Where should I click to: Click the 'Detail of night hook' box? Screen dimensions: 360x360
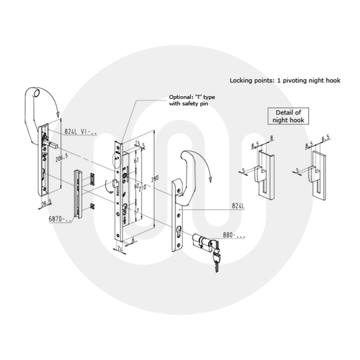coord(288,116)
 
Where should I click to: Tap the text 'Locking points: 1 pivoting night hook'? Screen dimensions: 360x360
coord(285,80)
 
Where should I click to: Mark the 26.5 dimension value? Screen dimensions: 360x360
coord(46,203)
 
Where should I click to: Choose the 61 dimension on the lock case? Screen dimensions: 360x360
coord(136,160)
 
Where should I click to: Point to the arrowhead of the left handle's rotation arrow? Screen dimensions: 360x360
coord(58,115)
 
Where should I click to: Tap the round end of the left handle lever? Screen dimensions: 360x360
coord(37,93)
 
